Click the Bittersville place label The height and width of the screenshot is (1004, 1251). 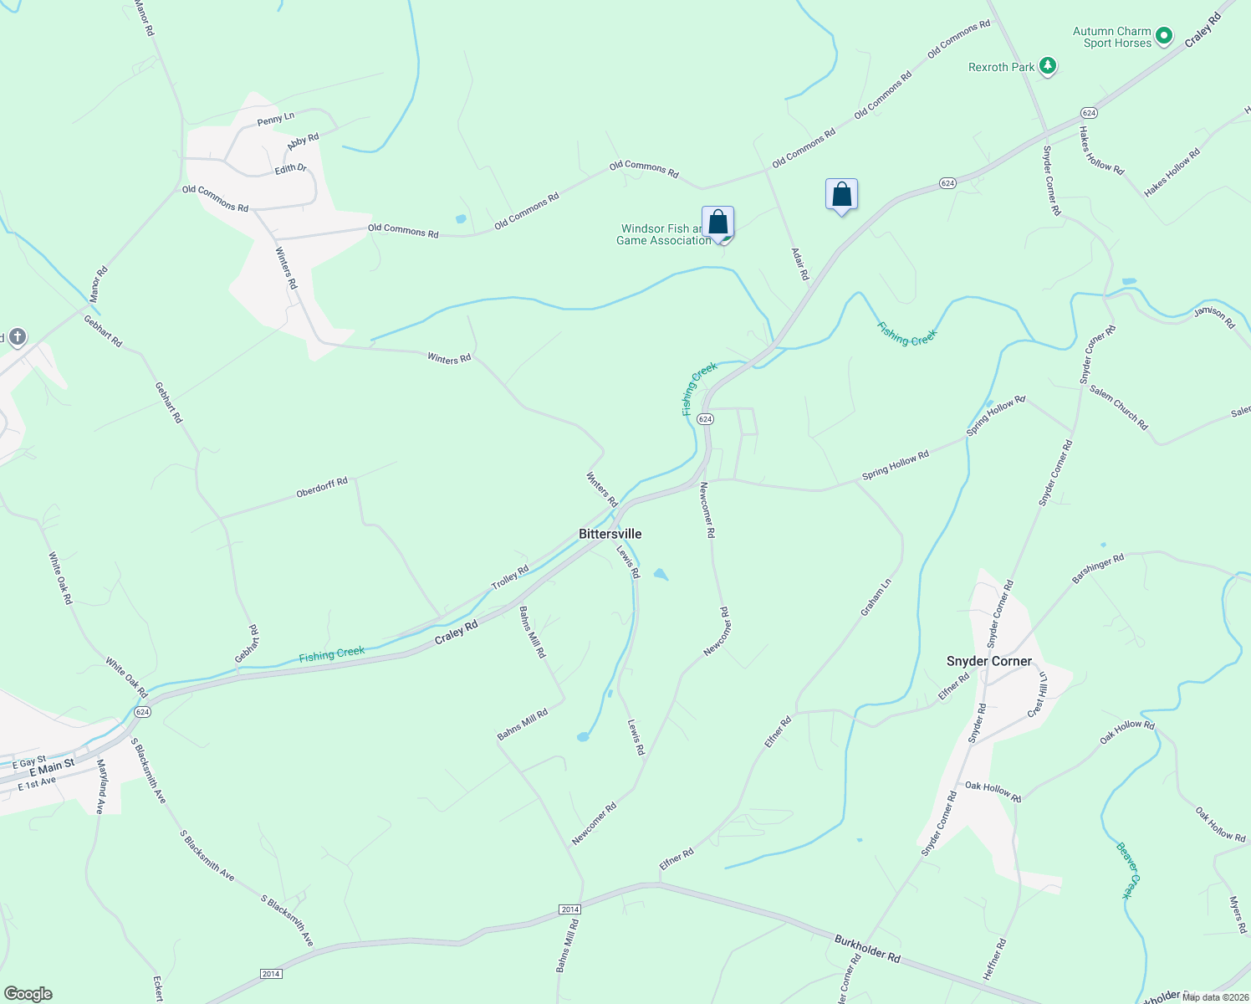tap(610, 534)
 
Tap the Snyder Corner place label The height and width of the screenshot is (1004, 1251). tap(989, 661)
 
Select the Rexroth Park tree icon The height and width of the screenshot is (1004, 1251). tap(1047, 66)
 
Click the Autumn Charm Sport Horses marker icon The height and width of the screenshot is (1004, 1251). tap(1164, 37)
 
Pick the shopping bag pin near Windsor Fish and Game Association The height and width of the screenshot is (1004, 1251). tap(717, 223)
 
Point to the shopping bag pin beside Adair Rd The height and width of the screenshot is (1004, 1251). tap(841, 195)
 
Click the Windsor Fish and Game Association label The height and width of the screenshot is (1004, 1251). tap(664, 234)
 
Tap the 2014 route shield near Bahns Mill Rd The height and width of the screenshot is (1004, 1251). tap(569, 909)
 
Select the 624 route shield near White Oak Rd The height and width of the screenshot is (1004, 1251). tap(142, 712)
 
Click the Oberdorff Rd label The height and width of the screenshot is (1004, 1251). tap(322, 488)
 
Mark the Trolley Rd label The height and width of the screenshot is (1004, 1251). tap(510, 577)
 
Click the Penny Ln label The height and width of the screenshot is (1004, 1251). tap(276, 119)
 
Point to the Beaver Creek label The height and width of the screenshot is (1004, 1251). tap(1128, 870)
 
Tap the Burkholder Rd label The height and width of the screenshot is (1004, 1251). tap(867, 949)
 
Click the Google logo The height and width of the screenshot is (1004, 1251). tap(28, 994)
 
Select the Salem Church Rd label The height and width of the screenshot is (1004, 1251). tap(1119, 409)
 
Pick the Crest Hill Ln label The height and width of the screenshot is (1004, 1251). tap(1039, 694)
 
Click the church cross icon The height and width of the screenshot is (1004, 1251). tap(17, 337)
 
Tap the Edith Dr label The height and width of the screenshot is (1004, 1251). tap(291, 169)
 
